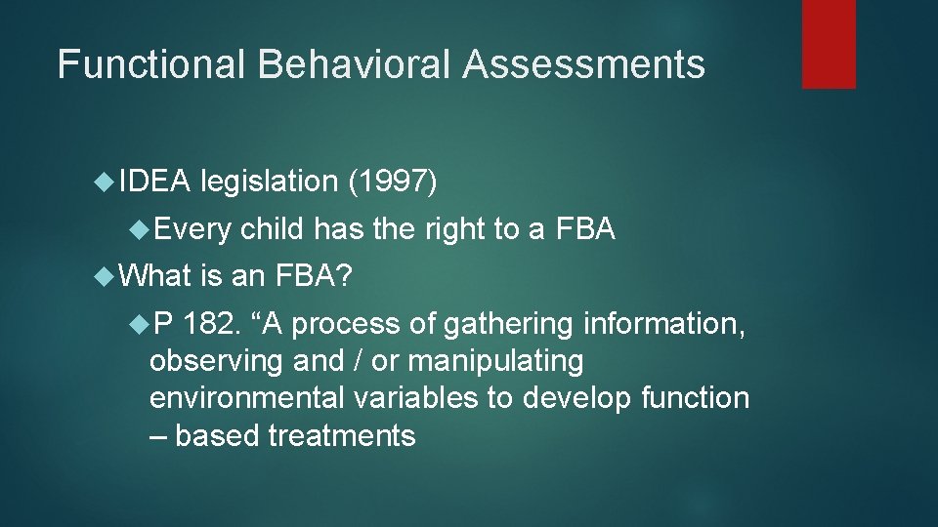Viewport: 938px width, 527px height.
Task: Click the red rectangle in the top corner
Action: point(829,44)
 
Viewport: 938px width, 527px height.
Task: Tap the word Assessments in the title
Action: point(583,64)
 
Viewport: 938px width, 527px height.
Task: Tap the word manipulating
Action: point(495,361)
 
